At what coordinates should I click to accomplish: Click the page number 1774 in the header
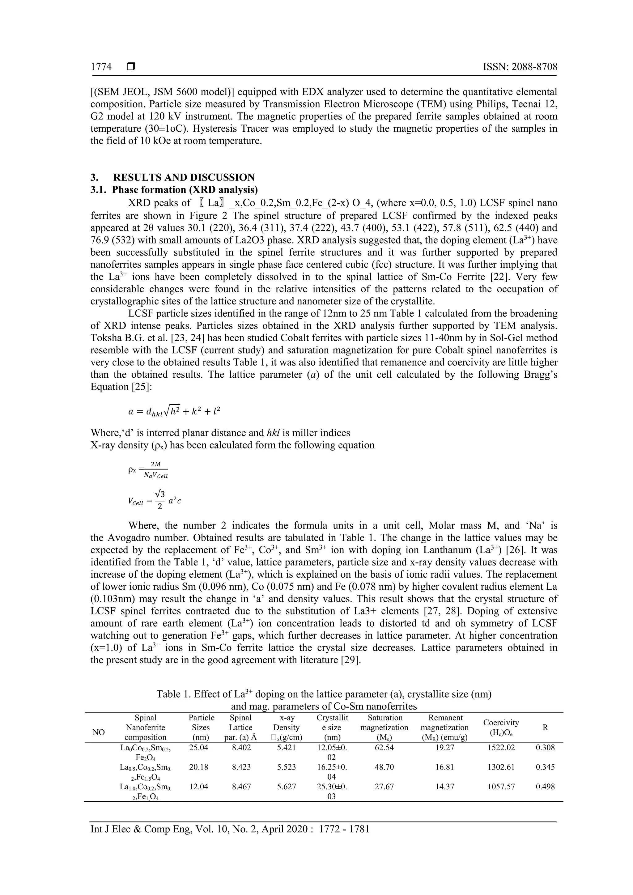[x=101, y=67]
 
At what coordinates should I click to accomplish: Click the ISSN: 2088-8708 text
[x=520, y=67]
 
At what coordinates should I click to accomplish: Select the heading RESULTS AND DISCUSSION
[x=184, y=178]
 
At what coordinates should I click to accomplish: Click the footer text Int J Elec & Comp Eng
[x=230, y=829]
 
